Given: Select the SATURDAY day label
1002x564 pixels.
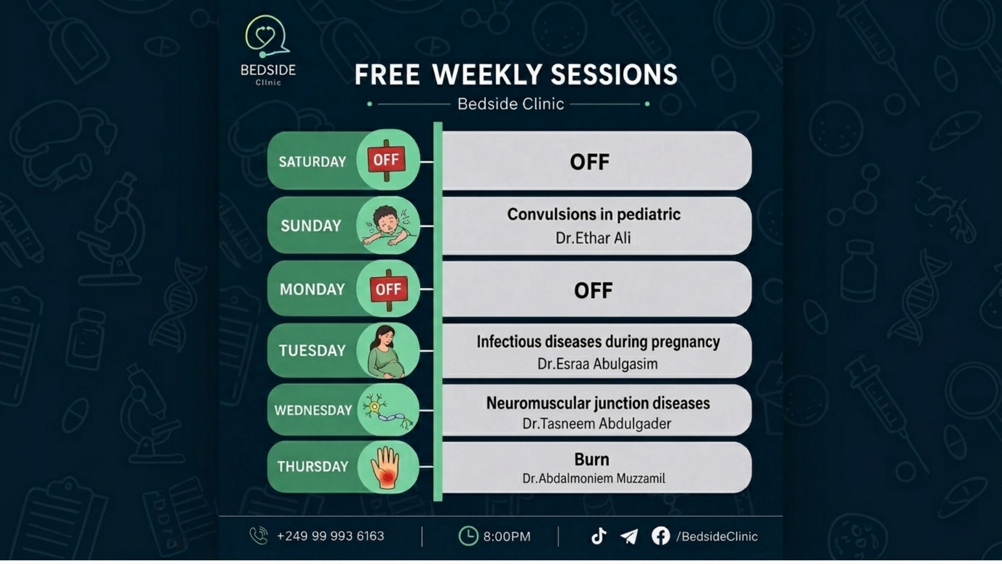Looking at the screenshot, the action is tap(312, 162).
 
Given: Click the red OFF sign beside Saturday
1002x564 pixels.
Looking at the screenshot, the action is tap(387, 160).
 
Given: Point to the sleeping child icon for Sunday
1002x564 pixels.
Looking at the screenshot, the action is tap(387, 226).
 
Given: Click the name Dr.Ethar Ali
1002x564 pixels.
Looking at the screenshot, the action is tap(593, 238).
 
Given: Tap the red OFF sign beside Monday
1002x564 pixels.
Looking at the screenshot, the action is tap(388, 289).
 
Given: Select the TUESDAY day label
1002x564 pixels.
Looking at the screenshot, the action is tap(312, 350).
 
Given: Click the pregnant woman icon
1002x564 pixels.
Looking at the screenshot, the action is tap(387, 351).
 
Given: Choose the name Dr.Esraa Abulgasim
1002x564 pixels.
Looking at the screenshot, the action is tap(598, 364).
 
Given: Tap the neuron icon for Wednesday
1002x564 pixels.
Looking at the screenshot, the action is tap(388, 410).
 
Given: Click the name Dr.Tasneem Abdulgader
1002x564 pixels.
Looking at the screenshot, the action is tap(597, 424).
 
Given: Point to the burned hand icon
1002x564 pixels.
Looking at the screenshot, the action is tap(385, 467).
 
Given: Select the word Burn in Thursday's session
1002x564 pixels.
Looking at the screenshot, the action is tap(592, 460).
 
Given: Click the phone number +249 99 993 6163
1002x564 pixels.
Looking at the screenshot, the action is tap(330, 536).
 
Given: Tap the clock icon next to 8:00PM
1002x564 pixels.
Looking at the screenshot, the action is tap(468, 536).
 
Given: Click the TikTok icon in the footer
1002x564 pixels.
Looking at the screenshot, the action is tap(599, 536).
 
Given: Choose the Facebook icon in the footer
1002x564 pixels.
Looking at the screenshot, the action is tap(661, 536).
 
